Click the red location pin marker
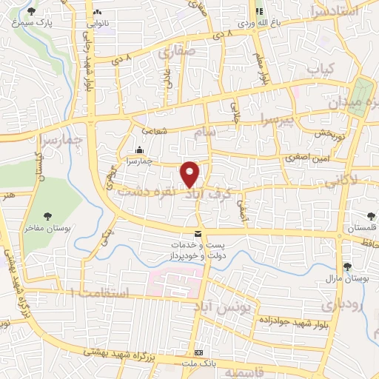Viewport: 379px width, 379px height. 190,174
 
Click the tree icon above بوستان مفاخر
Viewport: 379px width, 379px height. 47,216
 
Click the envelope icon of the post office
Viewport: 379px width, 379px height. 198,234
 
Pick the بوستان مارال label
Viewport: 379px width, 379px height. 342,279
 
